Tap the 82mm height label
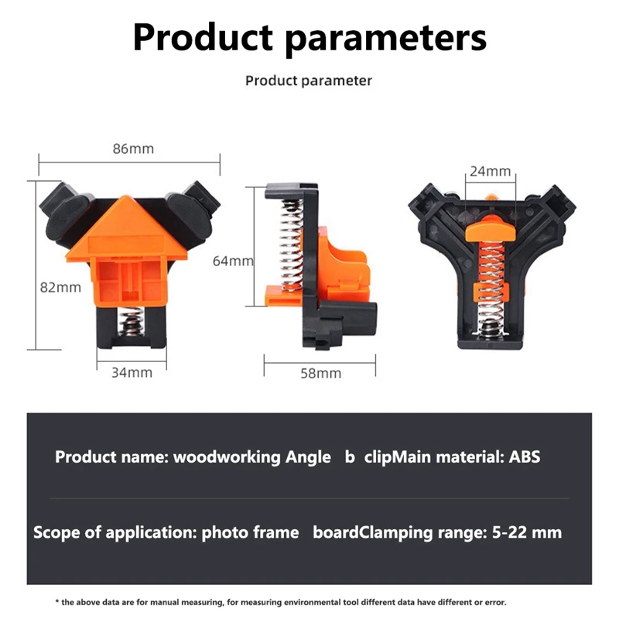click(x=60, y=287)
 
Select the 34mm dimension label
click(x=131, y=372)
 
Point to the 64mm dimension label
click(x=233, y=262)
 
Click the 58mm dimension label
click(x=320, y=373)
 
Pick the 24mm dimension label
click(x=491, y=171)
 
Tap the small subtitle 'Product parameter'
click(x=309, y=80)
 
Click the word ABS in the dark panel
click(x=525, y=457)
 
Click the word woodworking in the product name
click(x=227, y=457)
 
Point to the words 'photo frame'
click(x=250, y=532)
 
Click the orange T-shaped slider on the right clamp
click(x=489, y=228)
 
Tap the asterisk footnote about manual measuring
click(x=282, y=601)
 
